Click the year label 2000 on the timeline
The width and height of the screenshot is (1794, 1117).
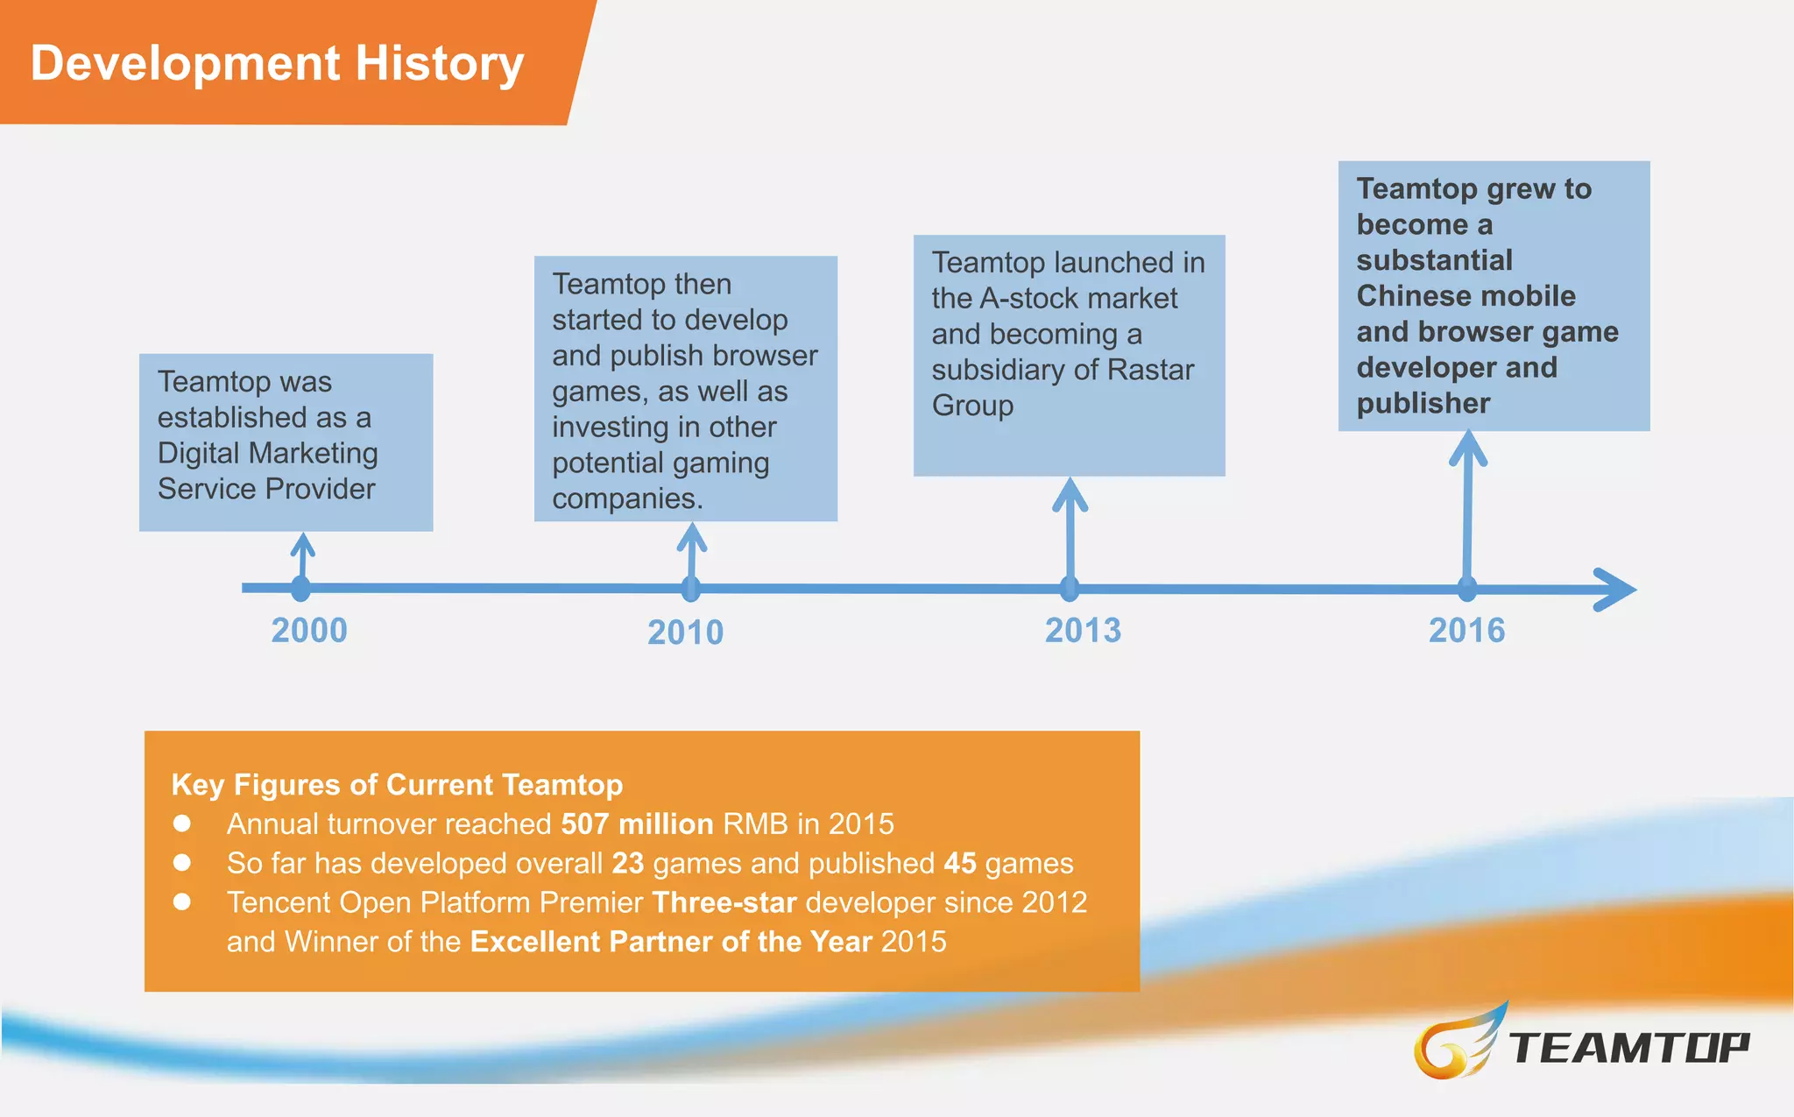309,631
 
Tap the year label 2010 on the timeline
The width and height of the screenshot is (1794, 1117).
685,633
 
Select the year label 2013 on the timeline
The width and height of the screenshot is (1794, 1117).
1083,631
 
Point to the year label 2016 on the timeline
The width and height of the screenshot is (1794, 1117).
1466,631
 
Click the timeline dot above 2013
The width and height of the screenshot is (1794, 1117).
1070,589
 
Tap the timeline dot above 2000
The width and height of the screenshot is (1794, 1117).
300,588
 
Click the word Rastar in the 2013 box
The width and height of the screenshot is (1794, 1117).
1150,370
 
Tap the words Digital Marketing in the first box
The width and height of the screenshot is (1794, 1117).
267,453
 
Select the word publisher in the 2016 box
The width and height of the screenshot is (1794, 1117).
1423,403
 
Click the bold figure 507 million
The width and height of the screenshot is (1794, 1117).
637,824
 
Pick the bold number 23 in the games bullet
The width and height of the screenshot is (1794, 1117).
627,863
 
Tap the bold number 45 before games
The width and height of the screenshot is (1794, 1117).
959,863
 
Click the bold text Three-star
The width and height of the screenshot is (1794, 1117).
724,902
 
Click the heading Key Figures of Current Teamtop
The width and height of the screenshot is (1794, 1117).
397,784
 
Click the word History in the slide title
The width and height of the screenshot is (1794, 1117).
439,64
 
